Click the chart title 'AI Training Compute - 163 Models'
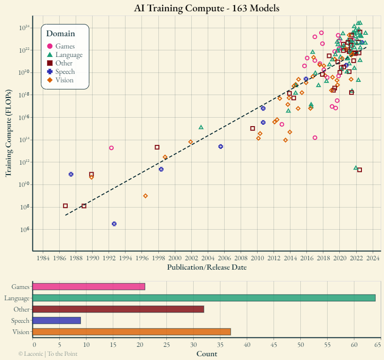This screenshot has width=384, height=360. click(206, 8)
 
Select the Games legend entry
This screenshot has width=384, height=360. click(65, 46)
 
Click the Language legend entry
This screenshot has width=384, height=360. click(69, 55)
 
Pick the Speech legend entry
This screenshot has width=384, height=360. click(65, 72)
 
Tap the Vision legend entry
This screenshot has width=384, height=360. click(64, 80)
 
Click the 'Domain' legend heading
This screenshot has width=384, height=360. click(61, 33)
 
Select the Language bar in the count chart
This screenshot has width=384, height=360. click(204, 298)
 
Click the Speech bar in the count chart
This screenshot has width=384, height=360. click(56, 320)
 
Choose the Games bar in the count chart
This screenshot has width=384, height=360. click(88, 287)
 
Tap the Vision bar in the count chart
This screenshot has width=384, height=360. click(131, 332)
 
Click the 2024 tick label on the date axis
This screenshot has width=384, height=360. click(373, 258)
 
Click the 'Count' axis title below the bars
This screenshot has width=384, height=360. click(206, 353)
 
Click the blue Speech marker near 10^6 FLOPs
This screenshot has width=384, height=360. click(114, 224)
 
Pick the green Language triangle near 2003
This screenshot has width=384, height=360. click(201, 127)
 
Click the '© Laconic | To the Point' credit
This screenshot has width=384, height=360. click(48, 353)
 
